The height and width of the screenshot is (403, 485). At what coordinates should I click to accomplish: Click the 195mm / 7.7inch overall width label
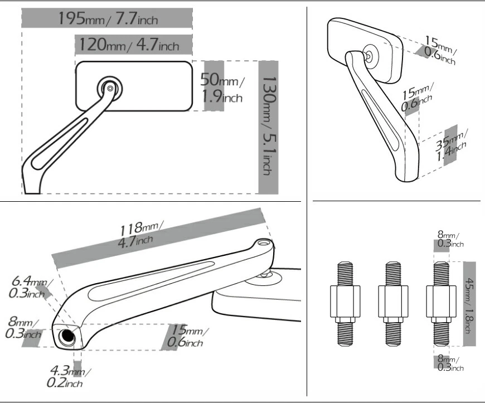pos(108,18)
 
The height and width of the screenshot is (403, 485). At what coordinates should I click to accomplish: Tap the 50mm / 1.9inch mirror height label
pos(221,87)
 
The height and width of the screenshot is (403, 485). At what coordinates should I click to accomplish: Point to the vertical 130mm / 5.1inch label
pos(269,127)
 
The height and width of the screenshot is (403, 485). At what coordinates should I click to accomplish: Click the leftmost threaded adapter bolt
pos(343,303)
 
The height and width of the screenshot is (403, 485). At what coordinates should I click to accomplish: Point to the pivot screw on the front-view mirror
pos(110,88)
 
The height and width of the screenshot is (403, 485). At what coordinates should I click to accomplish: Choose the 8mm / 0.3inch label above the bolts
pos(449,239)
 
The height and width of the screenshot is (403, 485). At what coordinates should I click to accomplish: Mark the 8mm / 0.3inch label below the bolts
pos(449,363)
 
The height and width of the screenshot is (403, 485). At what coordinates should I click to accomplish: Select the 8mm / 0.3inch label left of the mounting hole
pos(23,329)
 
